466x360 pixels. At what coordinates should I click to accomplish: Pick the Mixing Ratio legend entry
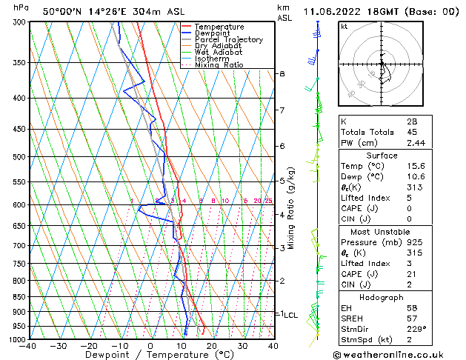pos(219,65)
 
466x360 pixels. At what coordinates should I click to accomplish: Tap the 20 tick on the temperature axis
pos(211,346)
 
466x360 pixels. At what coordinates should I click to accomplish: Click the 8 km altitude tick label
pos(282,74)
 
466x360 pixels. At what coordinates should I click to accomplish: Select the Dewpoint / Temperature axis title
pos(151,356)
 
